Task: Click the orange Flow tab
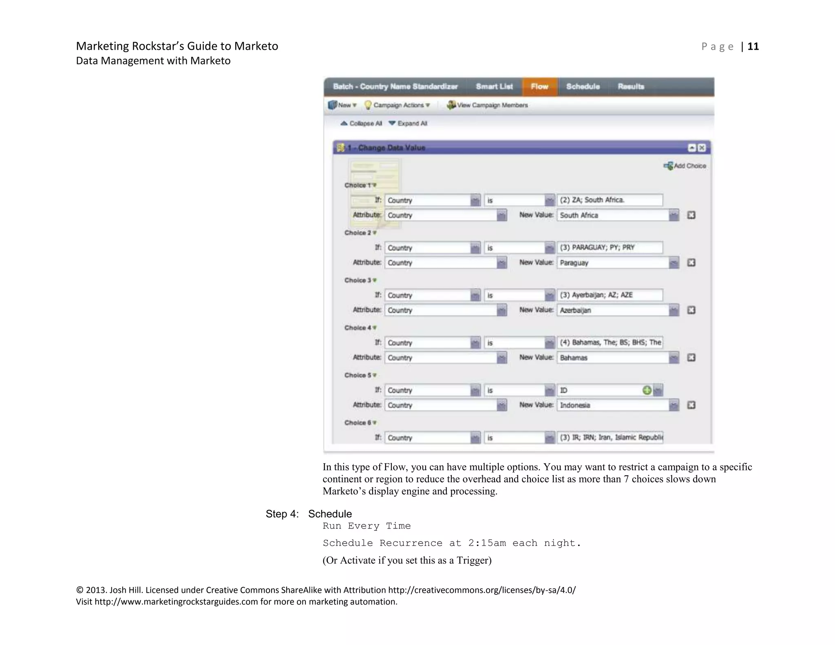pyautogui.click(x=539, y=86)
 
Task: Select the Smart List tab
pyautogui.click(x=494, y=86)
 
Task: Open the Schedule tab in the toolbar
pyautogui.click(x=583, y=86)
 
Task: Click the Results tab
pyautogui.click(x=631, y=86)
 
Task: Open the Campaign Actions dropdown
pyautogui.click(x=398, y=105)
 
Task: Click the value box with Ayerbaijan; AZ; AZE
pyautogui.click(x=610, y=295)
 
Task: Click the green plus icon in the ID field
pyautogui.click(x=647, y=390)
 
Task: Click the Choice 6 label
pyautogui.click(x=358, y=423)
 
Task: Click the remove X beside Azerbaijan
pyautogui.click(x=691, y=310)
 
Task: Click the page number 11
pyautogui.click(x=753, y=46)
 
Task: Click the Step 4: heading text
pyautogui.click(x=282, y=514)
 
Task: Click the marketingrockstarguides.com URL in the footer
pyautogui.click(x=176, y=602)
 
